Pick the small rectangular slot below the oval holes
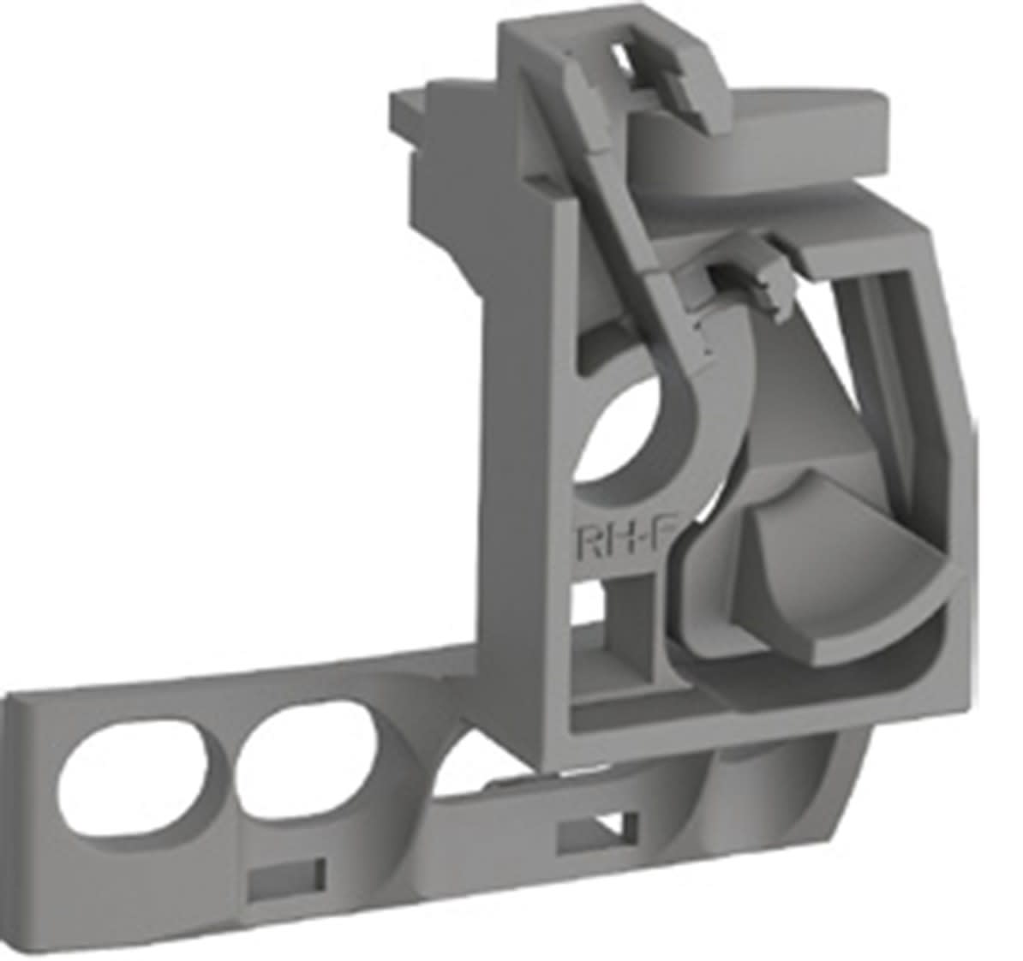pyautogui.click(x=286, y=880)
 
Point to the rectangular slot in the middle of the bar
pyautogui.click(x=597, y=830)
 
